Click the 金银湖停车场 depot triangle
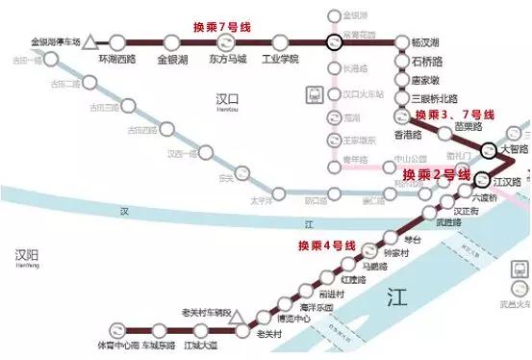point(89,42)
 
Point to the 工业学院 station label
point(282,59)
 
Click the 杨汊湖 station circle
point(400,42)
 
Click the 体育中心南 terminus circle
point(115,329)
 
